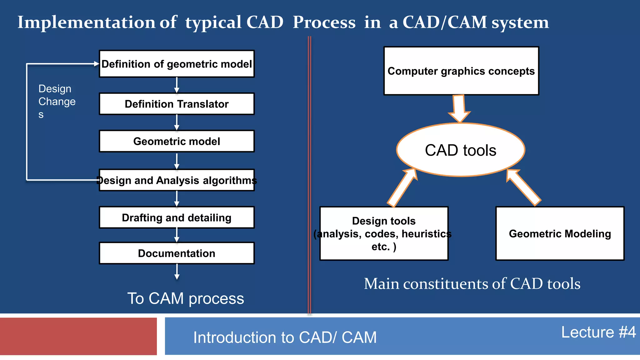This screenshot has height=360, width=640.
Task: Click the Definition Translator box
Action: (177, 104)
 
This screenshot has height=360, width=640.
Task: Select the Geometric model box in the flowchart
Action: (177, 141)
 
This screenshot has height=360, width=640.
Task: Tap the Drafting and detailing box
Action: (177, 217)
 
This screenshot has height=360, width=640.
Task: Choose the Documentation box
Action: (177, 253)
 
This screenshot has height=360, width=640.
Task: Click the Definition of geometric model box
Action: (177, 64)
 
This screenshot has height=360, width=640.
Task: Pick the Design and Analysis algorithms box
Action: (177, 180)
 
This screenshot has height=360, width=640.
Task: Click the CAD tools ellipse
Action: (460, 150)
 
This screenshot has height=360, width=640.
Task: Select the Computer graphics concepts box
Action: (461, 71)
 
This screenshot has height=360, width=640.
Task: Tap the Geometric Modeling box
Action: (560, 233)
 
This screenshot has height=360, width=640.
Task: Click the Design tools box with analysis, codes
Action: (384, 233)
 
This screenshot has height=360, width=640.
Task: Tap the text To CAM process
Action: (185, 298)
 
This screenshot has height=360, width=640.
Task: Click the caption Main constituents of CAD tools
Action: (472, 284)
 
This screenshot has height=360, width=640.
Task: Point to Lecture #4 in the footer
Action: (598, 332)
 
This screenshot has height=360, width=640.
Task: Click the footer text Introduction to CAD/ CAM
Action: (285, 337)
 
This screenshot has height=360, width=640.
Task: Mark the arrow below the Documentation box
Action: (177, 272)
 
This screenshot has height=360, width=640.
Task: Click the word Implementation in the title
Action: (86, 22)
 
